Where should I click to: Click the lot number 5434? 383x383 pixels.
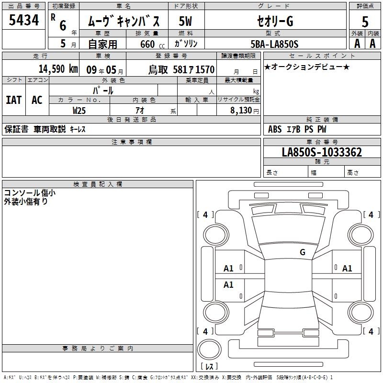(23, 20)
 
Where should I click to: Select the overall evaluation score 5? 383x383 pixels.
(365, 22)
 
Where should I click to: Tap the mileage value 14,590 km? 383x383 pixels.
(58, 69)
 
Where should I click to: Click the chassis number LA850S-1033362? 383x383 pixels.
(322, 152)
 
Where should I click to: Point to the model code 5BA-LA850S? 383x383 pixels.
(274, 44)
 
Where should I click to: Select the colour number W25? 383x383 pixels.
(79, 111)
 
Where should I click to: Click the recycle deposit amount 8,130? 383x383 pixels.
(241, 110)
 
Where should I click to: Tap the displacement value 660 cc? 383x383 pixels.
(152, 44)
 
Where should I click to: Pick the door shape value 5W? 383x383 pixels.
(185, 21)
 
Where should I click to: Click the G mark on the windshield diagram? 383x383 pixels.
(303, 252)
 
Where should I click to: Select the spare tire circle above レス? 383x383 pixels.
(209, 349)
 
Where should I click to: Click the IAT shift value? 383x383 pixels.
(14, 100)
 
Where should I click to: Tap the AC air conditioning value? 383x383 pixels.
(37, 100)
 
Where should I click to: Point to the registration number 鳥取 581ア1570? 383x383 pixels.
(181, 69)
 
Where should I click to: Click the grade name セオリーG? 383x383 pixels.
(275, 21)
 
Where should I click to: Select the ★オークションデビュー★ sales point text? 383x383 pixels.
(307, 67)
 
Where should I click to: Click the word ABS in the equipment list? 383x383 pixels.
(275, 129)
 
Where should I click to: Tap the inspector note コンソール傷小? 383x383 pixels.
(30, 193)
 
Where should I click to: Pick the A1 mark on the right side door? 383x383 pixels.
(347, 269)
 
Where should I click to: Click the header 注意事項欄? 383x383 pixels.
(131, 142)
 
